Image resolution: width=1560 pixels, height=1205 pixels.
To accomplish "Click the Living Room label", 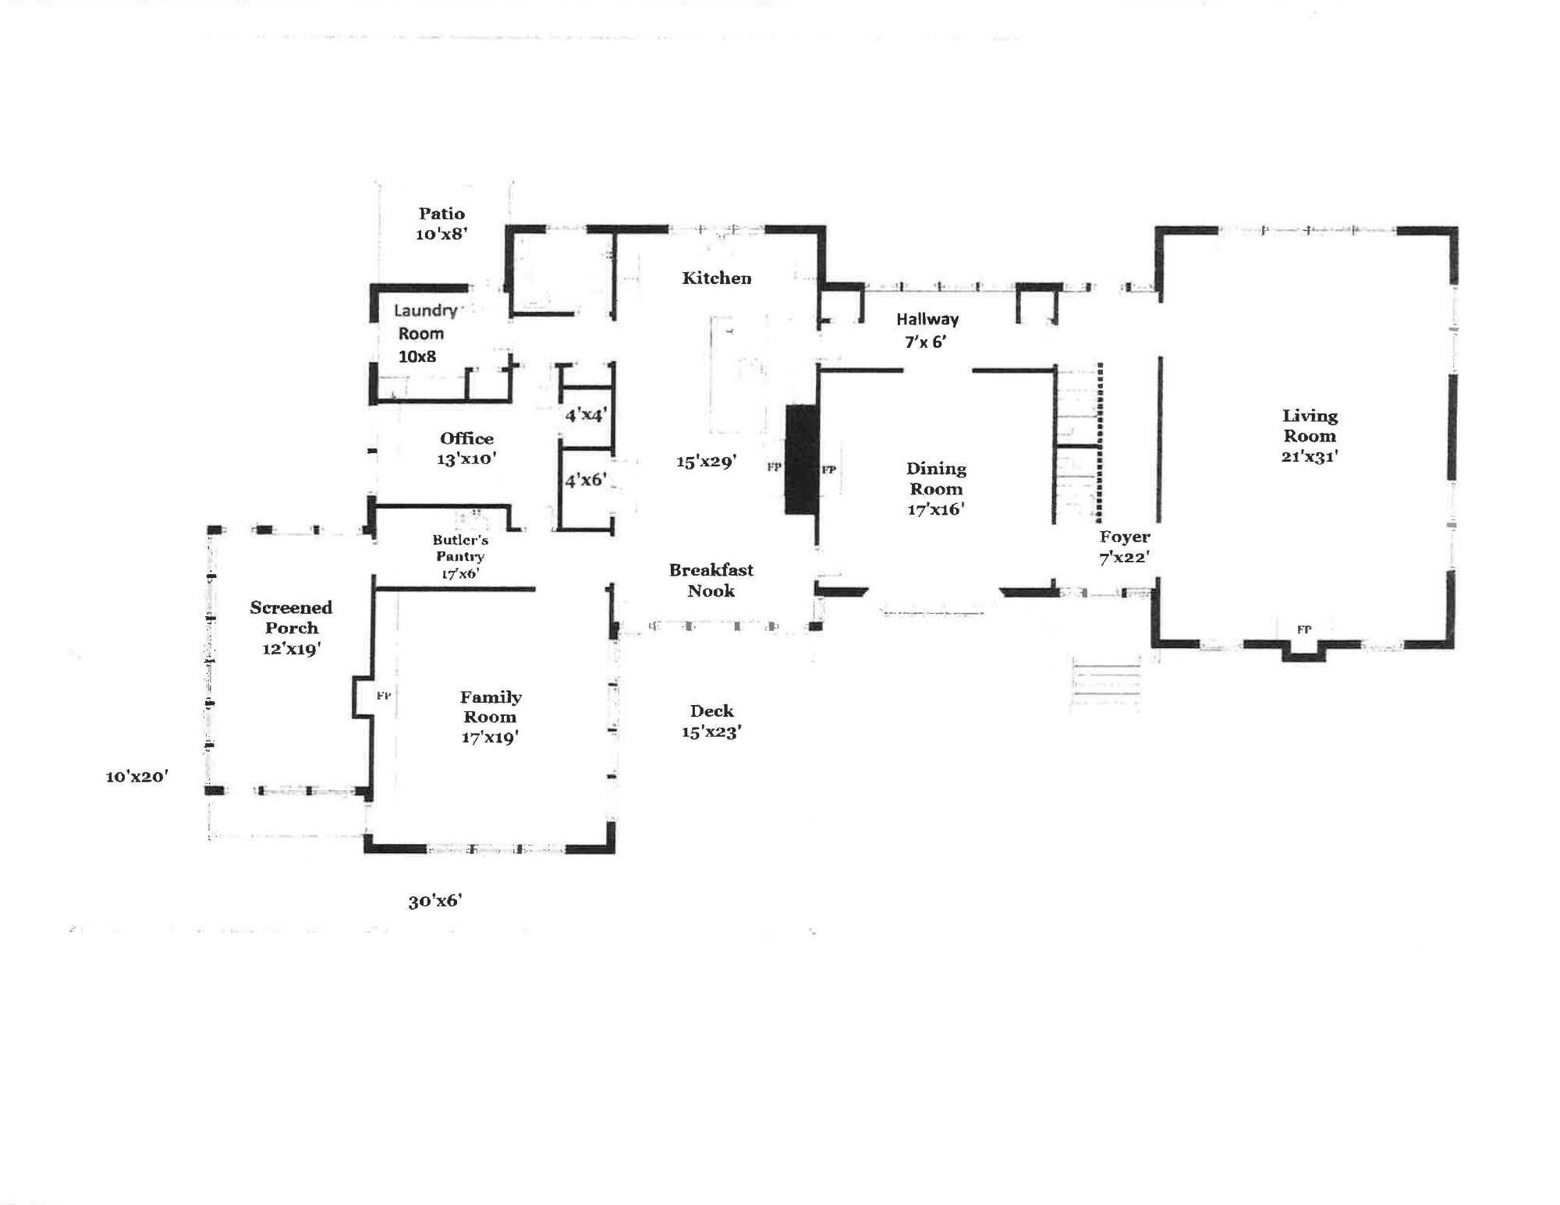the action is (1310, 426).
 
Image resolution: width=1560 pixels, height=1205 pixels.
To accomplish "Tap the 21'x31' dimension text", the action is (1310, 456).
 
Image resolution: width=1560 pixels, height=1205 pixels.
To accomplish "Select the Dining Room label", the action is (936, 479).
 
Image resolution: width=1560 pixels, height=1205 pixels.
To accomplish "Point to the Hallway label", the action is (927, 319).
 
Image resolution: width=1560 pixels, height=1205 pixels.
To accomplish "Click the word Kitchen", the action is (717, 278).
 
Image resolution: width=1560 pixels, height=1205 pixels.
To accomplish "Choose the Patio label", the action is (441, 214).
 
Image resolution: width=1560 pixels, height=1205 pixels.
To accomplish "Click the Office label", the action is (466, 438).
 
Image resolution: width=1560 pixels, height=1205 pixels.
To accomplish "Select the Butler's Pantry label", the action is (460, 548).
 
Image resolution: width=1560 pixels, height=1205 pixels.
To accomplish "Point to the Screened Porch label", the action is (291, 618).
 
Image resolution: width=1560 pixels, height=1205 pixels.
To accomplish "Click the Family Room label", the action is (491, 707).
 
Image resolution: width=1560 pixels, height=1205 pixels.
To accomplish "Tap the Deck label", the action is (711, 711).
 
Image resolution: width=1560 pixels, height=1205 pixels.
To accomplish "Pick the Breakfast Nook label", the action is (711, 580).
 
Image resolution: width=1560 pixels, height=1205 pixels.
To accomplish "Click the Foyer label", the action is (1125, 537).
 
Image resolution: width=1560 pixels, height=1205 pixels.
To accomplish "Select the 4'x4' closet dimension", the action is (586, 415).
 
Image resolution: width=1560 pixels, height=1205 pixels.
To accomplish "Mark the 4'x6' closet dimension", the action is (586, 480).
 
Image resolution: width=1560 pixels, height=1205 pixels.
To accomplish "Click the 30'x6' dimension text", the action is (435, 901).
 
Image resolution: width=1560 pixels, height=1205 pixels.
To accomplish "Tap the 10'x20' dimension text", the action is (137, 777).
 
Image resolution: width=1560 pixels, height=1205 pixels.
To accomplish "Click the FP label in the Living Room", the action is (1303, 629).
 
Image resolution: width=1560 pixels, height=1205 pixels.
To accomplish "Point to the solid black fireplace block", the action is (800, 459).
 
